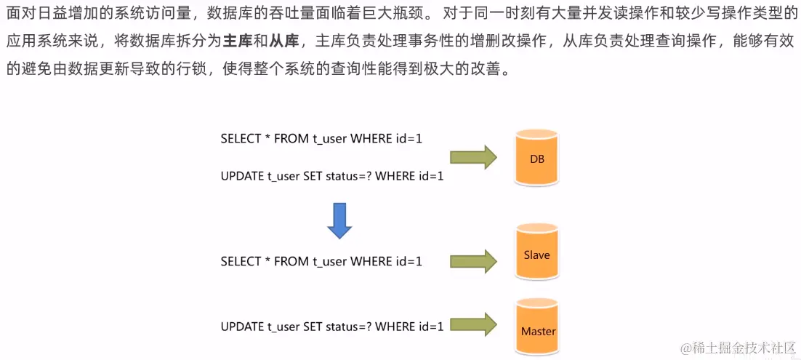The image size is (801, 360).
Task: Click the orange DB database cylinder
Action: click(537, 157)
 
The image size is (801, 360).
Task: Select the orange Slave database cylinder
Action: click(537, 252)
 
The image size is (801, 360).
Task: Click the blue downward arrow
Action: click(339, 220)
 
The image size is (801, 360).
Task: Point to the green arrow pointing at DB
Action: click(472, 156)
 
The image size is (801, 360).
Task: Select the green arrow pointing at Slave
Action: click(472, 260)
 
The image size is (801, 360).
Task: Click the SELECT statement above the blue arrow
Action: click(321, 139)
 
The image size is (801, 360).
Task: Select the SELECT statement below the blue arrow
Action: click(321, 261)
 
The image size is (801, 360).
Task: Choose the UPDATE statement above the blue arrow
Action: click(331, 175)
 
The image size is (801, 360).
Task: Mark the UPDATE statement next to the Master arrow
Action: click(331, 327)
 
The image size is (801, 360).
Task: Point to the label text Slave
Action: click(536, 255)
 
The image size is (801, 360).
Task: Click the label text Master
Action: click(538, 332)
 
